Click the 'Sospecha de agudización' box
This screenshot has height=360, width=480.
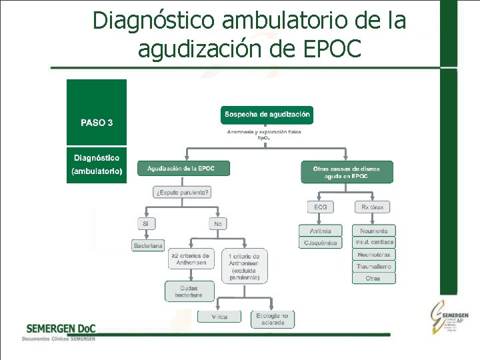pyautogui.click(x=267, y=115)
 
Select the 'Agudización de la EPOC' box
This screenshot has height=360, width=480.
pyautogui.click(x=183, y=169)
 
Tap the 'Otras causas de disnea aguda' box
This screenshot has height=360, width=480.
pyautogui.click(x=347, y=172)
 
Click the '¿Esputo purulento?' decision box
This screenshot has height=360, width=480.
pyautogui.click(x=183, y=193)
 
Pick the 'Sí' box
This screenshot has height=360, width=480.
pyautogui.click(x=145, y=224)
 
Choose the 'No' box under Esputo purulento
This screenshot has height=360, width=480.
pyautogui.click(x=218, y=224)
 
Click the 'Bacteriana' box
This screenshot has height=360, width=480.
pyautogui.click(x=148, y=245)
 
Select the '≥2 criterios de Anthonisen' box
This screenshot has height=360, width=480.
pyautogui.click(x=190, y=259)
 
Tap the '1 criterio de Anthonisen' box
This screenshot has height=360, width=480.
pyautogui.click(x=244, y=266)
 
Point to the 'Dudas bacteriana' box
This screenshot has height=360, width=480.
pyautogui.click(x=190, y=291)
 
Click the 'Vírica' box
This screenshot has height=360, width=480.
pyautogui.click(x=220, y=317)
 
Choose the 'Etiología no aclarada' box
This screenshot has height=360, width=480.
pyautogui.click(x=272, y=319)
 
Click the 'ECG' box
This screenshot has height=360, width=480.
pyautogui.click(x=321, y=207)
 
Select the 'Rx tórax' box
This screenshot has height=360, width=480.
pyautogui.click(x=372, y=207)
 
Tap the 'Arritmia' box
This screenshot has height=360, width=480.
pyautogui.click(x=321, y=231)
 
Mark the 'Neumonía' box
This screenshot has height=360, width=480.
pyautogui.click(x=374, y=231)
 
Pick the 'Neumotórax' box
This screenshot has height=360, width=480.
pyautogui.click(x=374, y=255)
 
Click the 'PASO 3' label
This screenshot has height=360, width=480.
pyautogui.click(x=97, y=123)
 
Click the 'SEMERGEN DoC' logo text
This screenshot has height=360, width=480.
pyautogui.click(x=61, y=328)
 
